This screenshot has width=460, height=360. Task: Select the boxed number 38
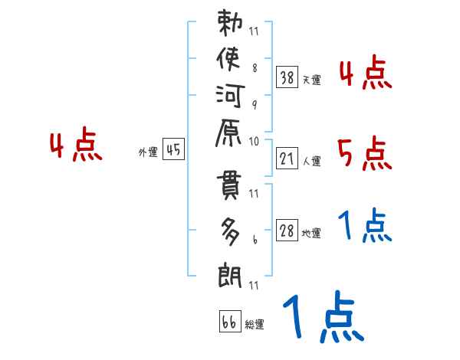(x=287, y=77)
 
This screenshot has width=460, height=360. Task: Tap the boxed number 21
(x=287, y=158)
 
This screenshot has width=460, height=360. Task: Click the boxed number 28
(x=287, y=231)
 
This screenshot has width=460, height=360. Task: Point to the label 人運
(x=311, y=162)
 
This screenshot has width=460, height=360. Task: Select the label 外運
(x=148, y=152)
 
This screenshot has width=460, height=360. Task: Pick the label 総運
(x=255, y=325)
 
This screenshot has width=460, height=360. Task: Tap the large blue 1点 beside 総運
(x=323, y=316)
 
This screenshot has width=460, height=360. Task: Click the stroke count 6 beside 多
(x=254, y=239)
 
